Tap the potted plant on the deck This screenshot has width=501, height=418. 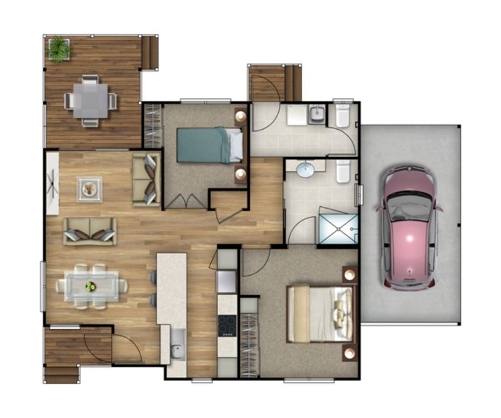coord(59,48)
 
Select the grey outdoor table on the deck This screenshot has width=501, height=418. coord(90,100)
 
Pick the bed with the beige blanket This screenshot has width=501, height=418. coord(319,314)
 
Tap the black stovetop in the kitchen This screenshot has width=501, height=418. coord(227,325)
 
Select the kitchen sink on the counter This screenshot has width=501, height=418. coord(177,344)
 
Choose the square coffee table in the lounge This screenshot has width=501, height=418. coord(90,189)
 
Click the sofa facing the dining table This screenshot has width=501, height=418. coord(90,231)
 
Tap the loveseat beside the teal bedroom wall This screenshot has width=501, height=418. coord(147,179)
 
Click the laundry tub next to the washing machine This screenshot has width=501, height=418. coord(317,115)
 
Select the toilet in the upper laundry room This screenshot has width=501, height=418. coord(343,115)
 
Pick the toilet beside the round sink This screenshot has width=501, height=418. coord(343,171)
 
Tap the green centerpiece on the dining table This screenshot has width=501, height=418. coord(91,286)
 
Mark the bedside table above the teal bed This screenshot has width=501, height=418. coord(240,116)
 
